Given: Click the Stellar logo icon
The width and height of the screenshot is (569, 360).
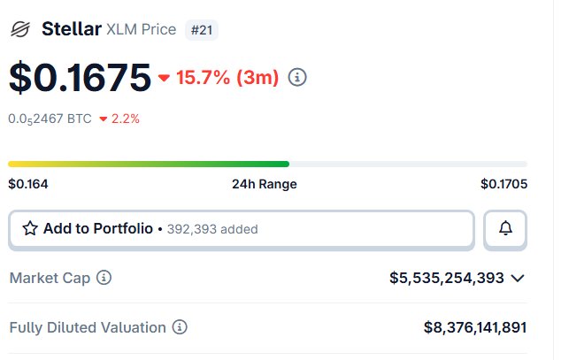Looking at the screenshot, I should [19, 30].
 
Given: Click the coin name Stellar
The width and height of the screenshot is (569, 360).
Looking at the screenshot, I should [71, 29].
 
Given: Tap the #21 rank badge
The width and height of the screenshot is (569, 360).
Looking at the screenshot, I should [203, 30].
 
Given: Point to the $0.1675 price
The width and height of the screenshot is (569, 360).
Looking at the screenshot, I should [80, 78].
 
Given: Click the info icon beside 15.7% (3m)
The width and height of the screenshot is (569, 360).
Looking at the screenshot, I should [298, 78].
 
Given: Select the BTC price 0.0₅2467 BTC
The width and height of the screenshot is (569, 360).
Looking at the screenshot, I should [50, 118].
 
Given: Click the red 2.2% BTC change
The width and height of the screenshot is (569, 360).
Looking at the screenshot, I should [119, 118].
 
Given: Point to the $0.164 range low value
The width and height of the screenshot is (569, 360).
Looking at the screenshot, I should [28, 184].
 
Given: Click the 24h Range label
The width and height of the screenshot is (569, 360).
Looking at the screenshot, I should [264, 184].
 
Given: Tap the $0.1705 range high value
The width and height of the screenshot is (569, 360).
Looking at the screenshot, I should [504, 184].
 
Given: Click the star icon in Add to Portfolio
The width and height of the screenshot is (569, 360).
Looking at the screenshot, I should [30, 229].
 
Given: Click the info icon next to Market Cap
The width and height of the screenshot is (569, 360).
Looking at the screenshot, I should [104, 278].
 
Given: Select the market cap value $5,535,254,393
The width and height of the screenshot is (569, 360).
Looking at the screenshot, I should [447, 278].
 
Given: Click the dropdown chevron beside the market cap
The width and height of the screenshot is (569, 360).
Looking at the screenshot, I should [518, 278].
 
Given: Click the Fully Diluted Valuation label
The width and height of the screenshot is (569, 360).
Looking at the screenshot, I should [87, 327].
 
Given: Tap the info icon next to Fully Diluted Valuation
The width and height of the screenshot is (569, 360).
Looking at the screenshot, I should [180, 327].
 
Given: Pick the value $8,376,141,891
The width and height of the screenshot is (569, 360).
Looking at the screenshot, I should [475, 327].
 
